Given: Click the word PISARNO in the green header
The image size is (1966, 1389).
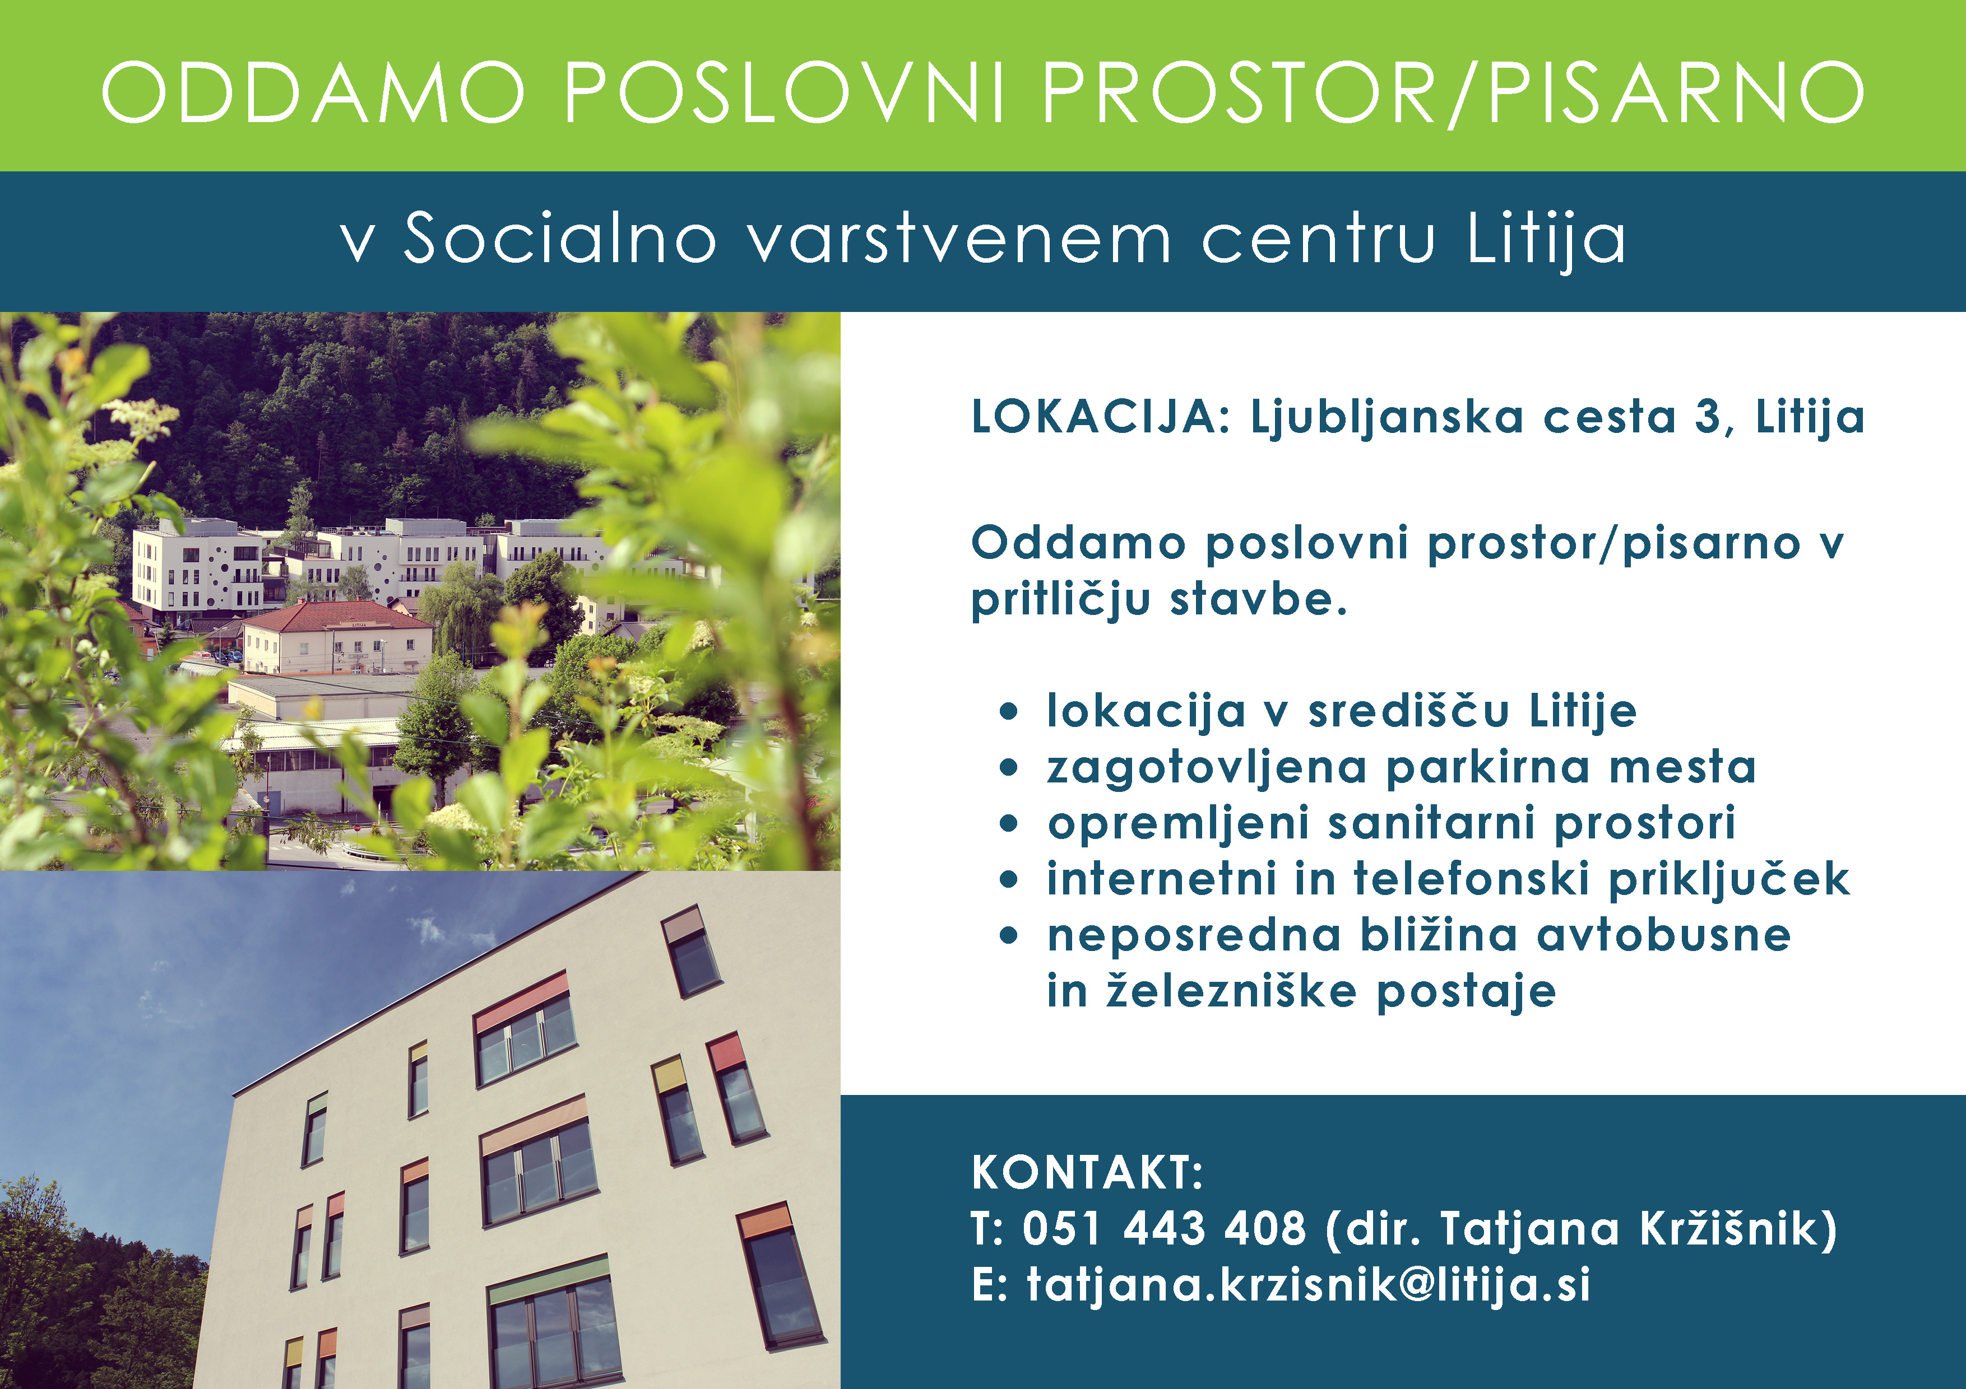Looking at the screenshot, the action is click(x=1677, y=91).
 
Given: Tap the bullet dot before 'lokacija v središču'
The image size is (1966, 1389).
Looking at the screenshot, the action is click(x=1009, y=711).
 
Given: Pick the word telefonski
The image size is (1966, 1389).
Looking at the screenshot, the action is click(x=1471, y=879).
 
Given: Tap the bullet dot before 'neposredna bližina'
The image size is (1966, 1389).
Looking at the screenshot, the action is click(x=1009, y=935).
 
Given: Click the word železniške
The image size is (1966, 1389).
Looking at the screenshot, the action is click(x=1231, y=991).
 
